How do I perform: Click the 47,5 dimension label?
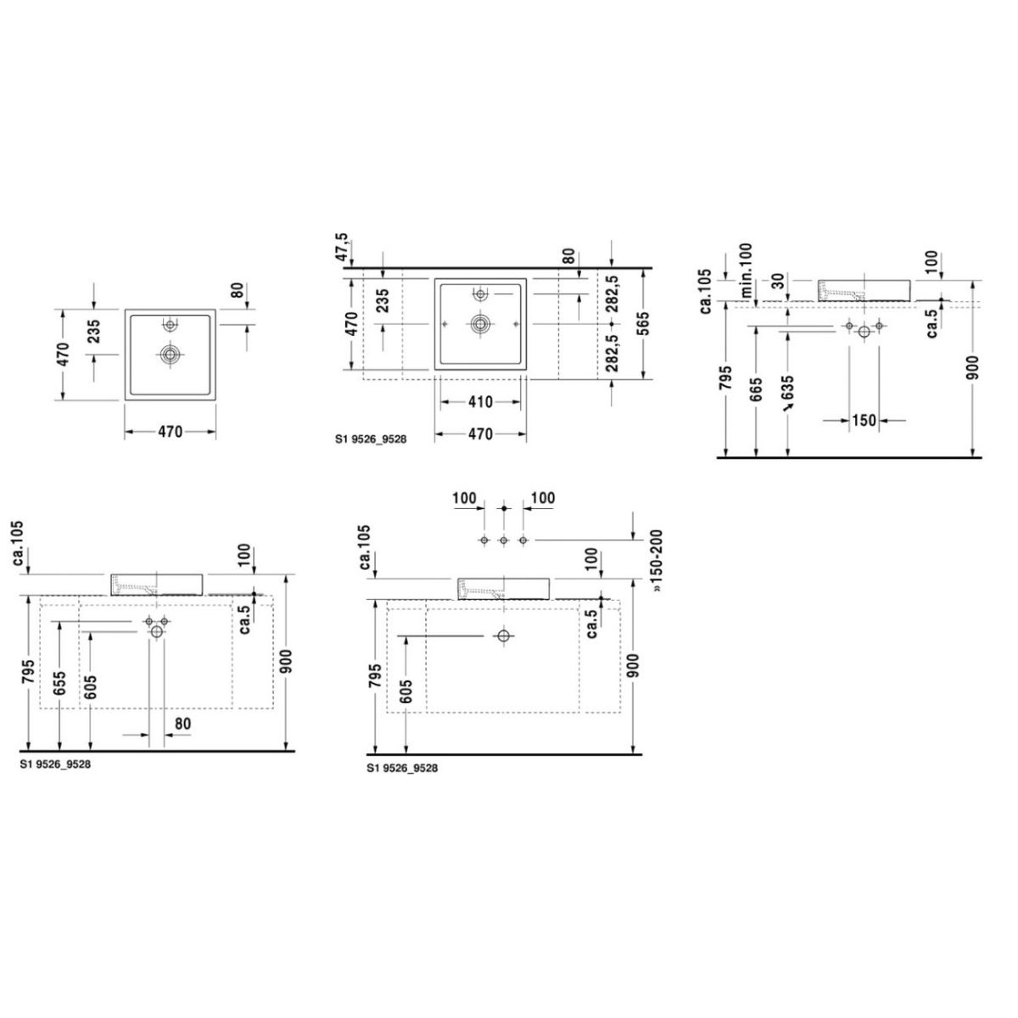coord(342,247)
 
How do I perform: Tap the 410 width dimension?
coord(480,402)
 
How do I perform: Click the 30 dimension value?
coord(778,282)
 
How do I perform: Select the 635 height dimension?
coord(787,388)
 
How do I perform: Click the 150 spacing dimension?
coord(864,421)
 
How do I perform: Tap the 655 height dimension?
coord(59,683)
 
